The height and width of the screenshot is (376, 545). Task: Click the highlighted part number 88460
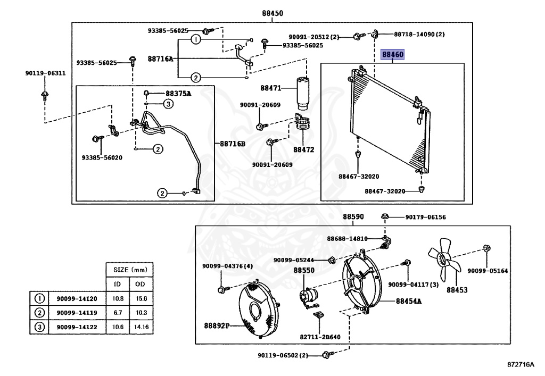pos(392,55)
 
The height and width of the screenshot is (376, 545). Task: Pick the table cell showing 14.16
pos(141,327)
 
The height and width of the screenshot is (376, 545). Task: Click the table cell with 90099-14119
pos(77,313)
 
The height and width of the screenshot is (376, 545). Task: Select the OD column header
pos(141,284)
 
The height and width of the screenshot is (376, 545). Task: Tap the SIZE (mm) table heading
pos(129,269)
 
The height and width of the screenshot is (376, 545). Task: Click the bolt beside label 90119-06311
pos(45,96)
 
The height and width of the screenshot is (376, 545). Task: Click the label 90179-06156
pos(425,217)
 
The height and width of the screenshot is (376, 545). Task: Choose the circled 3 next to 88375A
pos(168,104)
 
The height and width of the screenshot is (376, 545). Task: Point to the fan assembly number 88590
pos(353,217)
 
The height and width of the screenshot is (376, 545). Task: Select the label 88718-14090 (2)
pos(419,35)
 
